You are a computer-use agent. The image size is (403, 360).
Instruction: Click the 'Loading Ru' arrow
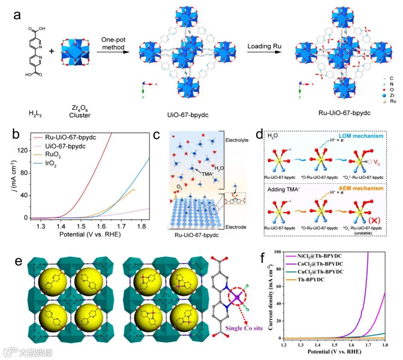pyautogui.click(x=262, y=52)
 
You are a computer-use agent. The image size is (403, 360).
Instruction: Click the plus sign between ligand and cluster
pyautogui.click(x=52, y=50)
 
